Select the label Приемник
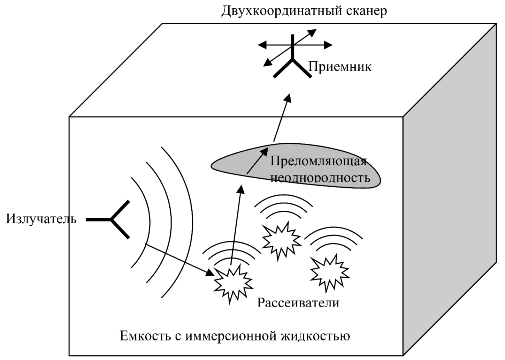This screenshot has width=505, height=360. coord(340,66)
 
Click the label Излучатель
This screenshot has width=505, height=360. coord(41,219)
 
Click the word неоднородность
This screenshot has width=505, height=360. coord(320,178)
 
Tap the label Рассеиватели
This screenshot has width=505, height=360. coord(298,302)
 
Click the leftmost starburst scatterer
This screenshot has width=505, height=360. coord(233,283)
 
